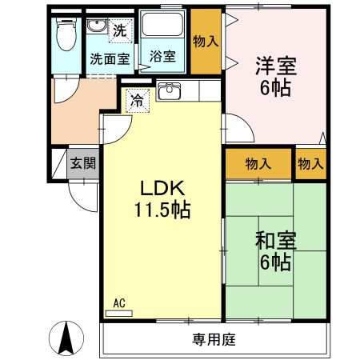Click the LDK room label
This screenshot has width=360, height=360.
tap(163, 190)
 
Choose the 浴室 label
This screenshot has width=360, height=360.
tap(162, 58)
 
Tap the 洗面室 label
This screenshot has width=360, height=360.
tap(110, 58)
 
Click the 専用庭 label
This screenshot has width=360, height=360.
tap(214, 338)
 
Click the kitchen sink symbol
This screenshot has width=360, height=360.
tap(169, 91)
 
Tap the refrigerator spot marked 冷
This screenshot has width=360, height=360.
tap(137, 101)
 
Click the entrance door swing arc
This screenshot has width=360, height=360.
tap(82, 192)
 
